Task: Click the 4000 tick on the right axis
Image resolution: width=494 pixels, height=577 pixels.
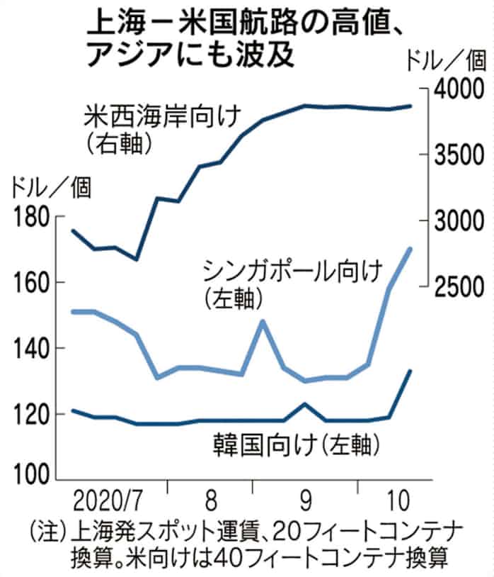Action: click(460, 89)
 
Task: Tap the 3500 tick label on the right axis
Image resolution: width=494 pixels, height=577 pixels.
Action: click(460, 155)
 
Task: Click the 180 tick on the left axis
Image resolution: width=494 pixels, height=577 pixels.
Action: click(29, 217)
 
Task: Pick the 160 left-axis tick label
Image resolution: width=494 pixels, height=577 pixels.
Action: click(29, 283)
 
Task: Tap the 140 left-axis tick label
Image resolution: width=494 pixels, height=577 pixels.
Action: click(29, 349)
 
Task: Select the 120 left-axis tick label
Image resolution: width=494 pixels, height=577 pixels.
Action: click(29, 414)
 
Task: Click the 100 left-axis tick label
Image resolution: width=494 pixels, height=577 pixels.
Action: click(29, 478)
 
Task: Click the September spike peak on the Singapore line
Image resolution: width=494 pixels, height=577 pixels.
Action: click(263, 321)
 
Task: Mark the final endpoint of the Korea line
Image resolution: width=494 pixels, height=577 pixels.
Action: click(411, 370)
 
